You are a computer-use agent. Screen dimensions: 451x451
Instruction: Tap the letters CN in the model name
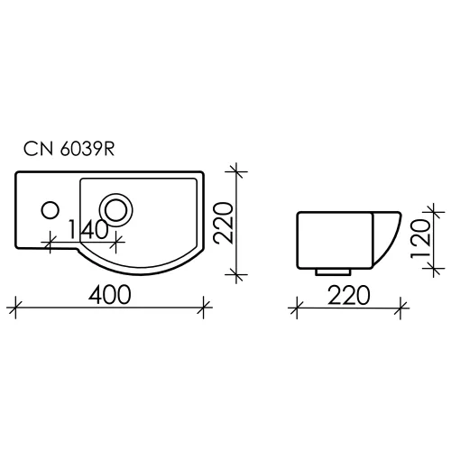coord(39,152)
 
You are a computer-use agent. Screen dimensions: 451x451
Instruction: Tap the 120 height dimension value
coord(416,238)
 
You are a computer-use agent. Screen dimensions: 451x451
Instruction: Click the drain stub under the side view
coord(333,269)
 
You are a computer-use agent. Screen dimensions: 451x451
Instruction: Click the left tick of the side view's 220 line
coord(297,308)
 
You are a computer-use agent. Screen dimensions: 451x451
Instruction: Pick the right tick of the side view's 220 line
coord(396,308)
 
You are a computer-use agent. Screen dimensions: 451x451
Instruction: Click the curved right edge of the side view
coord(391,238)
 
